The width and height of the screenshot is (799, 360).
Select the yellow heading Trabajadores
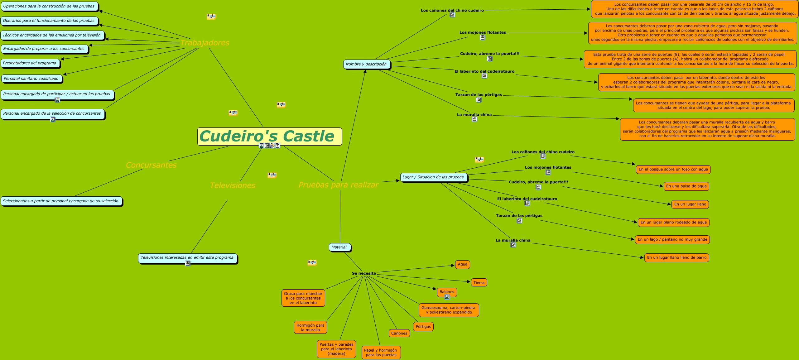[x=205, y=43]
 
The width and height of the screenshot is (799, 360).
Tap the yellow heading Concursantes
[x=151, y=165]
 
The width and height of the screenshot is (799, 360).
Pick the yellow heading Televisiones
[x=233, y=185]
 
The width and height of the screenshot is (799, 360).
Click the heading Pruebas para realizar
[x=339, y=185]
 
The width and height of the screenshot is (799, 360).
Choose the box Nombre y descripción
[x=366, y=64]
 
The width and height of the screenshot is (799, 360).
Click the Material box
[x=339, y=247]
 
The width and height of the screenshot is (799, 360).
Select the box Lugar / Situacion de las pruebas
[x=433, y=177]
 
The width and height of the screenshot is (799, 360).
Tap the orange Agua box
[x=463, y=264]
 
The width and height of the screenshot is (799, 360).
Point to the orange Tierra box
[x=479, y=283]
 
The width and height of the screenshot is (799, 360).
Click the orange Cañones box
[x=399, y=333]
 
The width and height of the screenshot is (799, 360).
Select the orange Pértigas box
[x=423, y=327]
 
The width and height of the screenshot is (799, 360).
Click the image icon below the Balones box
[x=447, y=297]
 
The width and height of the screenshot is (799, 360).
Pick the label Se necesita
[x=364, y=273]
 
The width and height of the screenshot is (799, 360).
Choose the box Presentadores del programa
[x=30, y=63]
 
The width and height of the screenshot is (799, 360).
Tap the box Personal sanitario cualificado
[x=31, y=79]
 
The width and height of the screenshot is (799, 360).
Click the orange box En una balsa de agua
[x=686, y=186]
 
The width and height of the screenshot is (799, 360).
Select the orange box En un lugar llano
[x=690, y=204]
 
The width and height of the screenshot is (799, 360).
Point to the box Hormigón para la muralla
[x=310, y=327]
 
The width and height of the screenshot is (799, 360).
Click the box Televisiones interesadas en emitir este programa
[x=187, y=257]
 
